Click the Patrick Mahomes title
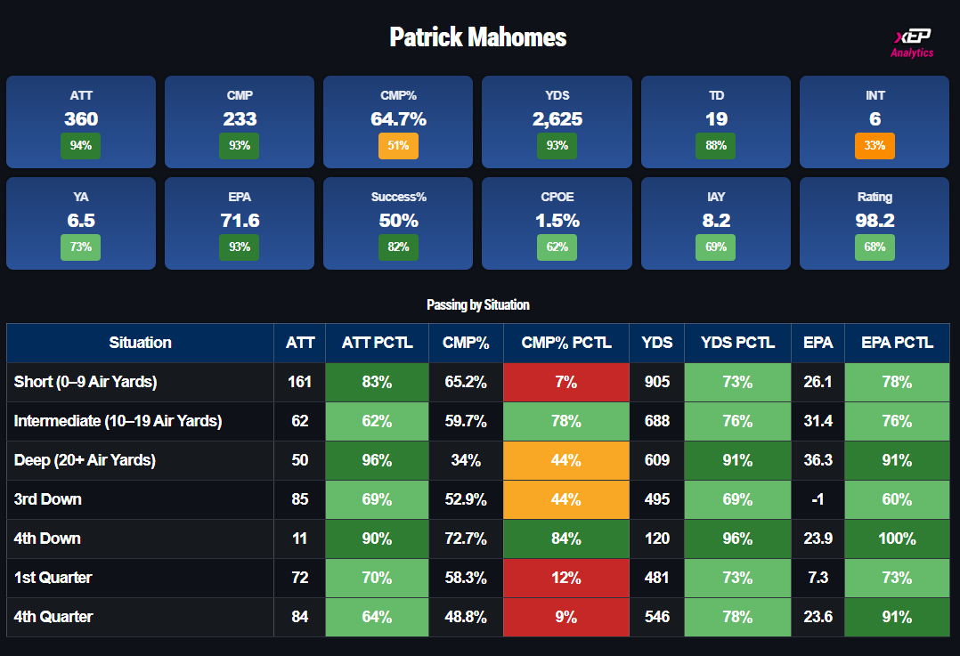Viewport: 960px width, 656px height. [x=478, y=37]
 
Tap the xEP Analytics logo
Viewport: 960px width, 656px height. [x=912, y=43]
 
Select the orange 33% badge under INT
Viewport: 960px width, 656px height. [x=875, y=145]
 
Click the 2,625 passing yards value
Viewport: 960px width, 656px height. [x=557, y=119]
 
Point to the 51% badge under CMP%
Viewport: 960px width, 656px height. [x=398, y=145]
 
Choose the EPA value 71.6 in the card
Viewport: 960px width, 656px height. [x=240, y=221]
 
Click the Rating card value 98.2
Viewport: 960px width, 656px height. [x=875, y=221]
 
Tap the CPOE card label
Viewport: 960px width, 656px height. [x=557, y=197]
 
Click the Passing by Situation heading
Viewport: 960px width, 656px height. [x=478, y=304]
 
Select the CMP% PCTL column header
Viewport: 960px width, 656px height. [x=566, y=343]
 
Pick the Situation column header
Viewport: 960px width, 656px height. [x=140, y=343]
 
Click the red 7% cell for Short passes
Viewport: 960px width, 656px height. [x=566, y=382]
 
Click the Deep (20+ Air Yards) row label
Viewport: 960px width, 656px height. [x=85, y=460]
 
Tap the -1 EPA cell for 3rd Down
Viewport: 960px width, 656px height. [x=818, y=499]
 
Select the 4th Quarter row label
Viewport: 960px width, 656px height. [x=53, y=617]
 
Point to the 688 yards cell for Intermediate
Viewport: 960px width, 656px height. [x=656, y=421]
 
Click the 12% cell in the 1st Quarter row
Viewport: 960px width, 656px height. [x=566, y=578]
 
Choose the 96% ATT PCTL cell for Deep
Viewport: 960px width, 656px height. [x=377, y=460]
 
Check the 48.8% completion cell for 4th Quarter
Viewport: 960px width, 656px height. [x=466, y=617]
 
